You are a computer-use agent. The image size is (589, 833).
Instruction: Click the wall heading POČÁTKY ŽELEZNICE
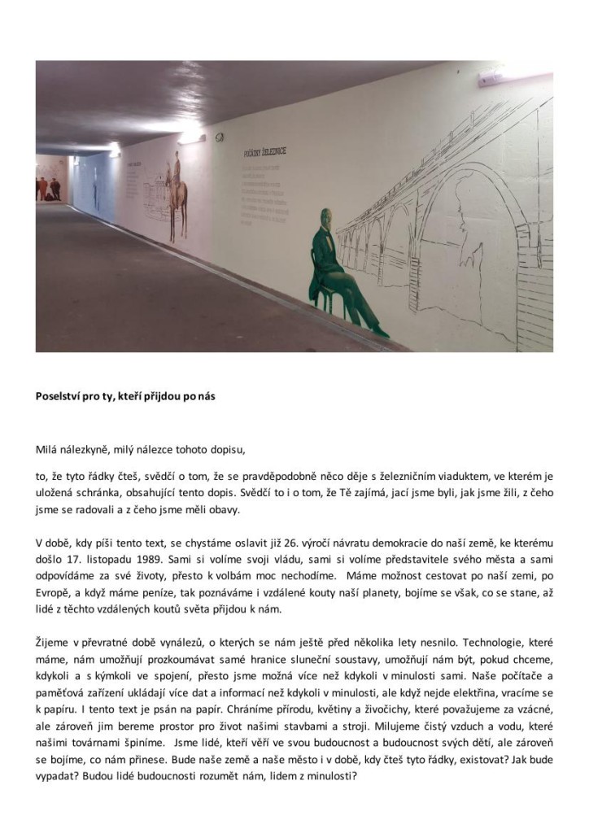coord(264,153)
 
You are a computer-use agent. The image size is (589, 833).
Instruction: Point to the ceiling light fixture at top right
coord(491,76)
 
